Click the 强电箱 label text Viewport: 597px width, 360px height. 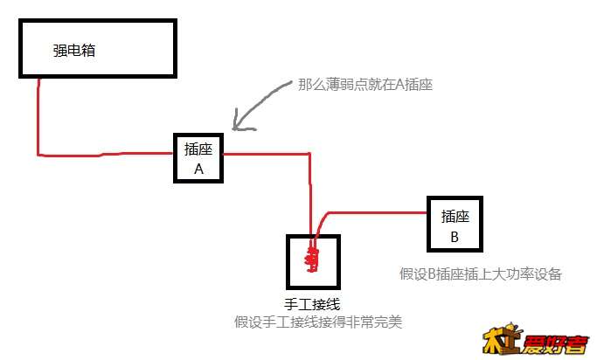(x=74, y=50)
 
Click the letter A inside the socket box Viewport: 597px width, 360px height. (x=198, y=169)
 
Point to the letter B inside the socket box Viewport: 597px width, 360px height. (x=455, y=237)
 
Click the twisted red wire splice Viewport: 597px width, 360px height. (x=312, y=258)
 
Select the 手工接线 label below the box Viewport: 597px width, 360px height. (x=312, y=304)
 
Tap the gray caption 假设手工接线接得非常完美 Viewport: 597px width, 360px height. (x=318, y=322)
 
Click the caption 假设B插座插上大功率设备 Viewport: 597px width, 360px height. (x=481, y=274)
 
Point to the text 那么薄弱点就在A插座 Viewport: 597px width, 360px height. (x=365, y=85)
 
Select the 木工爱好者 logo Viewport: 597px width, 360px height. (x=536, y=339)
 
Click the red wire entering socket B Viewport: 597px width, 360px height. (x=377, y=212)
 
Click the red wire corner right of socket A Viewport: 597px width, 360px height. (x=309, y=154)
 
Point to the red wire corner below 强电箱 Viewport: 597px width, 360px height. (x=38, y=155)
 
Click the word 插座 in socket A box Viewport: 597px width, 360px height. (x=198, y=149)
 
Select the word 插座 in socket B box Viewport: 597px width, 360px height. (x=455, y=216)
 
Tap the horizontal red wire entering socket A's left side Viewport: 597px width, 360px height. (x=106, y=154)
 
